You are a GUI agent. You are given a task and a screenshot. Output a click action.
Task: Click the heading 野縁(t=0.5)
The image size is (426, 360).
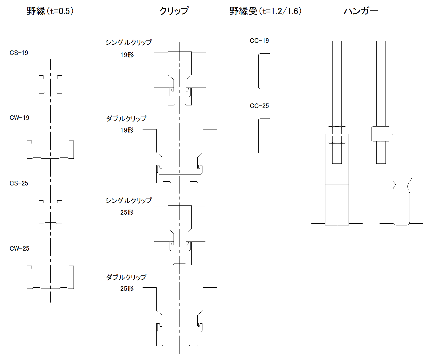[x=50, y=11]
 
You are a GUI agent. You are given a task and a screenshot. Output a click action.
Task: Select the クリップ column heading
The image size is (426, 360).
[x=174, y=11]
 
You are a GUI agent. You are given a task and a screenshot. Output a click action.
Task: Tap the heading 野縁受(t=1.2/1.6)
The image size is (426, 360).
[x=265, y=11]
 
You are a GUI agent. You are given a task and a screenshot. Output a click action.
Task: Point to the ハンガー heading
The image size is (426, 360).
[x=361, y=11]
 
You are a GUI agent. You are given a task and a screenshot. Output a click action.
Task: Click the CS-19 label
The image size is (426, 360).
[x=19, y=53]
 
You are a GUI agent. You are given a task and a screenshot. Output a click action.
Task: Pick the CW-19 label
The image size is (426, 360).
[x=19, y=118]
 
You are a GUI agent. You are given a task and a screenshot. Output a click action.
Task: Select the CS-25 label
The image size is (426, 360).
[x=19, y=183]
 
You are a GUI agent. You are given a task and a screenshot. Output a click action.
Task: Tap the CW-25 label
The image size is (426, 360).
[x=19, y=249]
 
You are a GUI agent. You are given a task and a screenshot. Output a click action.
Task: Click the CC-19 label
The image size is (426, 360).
[x=259, y=41]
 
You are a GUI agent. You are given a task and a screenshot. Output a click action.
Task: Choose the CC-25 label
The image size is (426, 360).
[x=259, y=106]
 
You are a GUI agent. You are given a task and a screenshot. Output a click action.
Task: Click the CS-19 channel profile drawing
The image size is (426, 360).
[x=50, y=85]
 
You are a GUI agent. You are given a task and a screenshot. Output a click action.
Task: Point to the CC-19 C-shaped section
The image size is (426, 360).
[x=263, y=71]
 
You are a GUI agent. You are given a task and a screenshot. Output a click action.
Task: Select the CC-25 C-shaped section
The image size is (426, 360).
[x=263, y=136]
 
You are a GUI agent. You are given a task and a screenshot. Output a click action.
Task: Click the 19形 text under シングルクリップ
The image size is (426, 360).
[x=127, y=55]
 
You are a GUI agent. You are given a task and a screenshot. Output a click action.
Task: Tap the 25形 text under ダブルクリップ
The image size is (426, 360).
[x=127, y=289]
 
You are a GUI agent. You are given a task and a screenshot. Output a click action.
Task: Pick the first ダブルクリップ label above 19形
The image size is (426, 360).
[x=126, y=119]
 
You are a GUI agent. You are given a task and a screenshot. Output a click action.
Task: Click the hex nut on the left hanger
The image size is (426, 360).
[x=337, y=135]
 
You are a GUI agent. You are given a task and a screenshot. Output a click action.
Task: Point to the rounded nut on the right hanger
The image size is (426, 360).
[x=381, y=134]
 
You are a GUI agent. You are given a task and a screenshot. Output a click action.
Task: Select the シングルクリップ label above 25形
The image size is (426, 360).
[x=128, y=201]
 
